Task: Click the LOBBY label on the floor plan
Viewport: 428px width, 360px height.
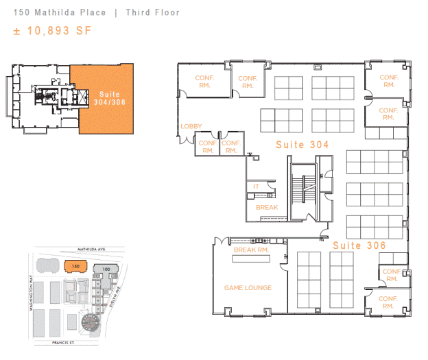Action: pyautogui.click(x=191, y=126)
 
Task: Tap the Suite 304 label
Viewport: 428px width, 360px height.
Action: pyautogui.click(x=302, y=145)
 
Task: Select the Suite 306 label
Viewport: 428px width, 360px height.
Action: pyautogui.click(x=359, y=245)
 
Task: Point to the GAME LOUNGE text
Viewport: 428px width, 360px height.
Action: pyautogui.click(x=248, y=288)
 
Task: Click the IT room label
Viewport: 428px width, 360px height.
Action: pyautogui.click(x=256, y=187)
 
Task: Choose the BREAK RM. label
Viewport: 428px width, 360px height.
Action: pyautogui.click(x=251, y=250)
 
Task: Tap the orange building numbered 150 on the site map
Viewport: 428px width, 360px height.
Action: pyautogui.click(x=75, y=266)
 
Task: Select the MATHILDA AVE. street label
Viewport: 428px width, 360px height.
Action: pyautogui.click(x=91, y=249)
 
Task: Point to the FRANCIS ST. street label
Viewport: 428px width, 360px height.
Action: pyautogui.click(x=63, y=343)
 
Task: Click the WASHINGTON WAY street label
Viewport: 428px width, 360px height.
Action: pyautogui.click(x=31, y=293)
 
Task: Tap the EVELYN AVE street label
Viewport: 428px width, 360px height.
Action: pyautogui.click(x=115, y=297)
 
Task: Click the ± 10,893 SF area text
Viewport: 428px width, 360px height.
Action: pyautogui.click(x=52, y=31)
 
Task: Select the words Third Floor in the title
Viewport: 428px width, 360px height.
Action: pyautogui.click(x=152, y=12)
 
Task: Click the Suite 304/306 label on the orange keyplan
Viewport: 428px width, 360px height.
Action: pyautogui.click(x=110, y=98)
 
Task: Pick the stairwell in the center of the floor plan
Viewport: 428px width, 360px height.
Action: pyautogui.click(x=303, y=191)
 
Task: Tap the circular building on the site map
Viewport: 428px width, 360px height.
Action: pyautogui.click(x=91, y=322)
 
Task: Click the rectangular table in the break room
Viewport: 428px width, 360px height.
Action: pyautogui.click(x=251, y=259)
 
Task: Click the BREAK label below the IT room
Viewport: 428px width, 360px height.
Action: pyautogui.click(x=267, y=208)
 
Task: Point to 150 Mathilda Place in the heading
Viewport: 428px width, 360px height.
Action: pyautogui.click(x=60, y=12)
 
